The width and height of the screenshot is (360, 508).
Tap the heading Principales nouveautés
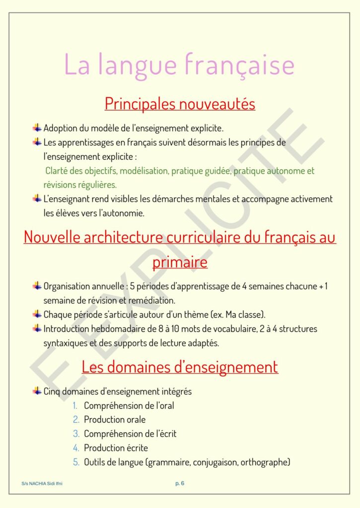point(180,104)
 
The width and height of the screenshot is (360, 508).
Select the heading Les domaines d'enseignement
point(180,367)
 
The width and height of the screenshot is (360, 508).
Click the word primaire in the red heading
point(180,262)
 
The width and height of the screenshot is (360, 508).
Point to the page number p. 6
point(180,483)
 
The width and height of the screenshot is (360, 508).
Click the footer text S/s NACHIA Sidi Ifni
point(42,483)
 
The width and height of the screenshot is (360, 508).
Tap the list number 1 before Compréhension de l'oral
point(75,406)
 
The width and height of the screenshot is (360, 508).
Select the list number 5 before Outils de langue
point(76,462)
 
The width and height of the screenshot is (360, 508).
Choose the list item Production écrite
point(116,448)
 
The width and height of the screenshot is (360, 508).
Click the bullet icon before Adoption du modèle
point(37,128)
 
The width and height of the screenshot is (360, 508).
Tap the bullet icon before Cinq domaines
point(37,391)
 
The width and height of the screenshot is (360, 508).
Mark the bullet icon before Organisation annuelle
point(37,286)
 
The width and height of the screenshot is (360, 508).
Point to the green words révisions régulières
point(80,185)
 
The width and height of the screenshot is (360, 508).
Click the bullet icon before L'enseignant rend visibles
point(37,199)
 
